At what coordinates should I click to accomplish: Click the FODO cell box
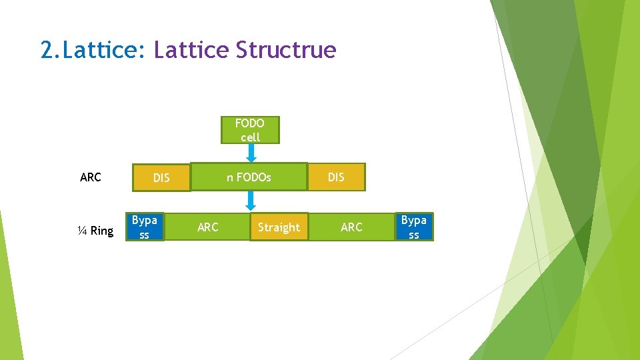(x=250, y=130)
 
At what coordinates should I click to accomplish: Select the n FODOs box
(x=249, y=177)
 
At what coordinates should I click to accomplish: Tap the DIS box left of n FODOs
(x=161, y=178)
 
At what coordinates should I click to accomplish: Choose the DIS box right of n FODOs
(x=336, y=177)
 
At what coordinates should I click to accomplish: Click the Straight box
(x=279, y=227)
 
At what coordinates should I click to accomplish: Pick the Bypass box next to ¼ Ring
(x=145, y=227)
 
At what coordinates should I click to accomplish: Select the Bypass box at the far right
(x=413, y=227)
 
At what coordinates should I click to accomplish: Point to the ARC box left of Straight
(x=208, y=227)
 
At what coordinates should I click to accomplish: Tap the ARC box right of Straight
(x=351, y=227)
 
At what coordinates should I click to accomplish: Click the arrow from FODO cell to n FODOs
(x=251, y=153)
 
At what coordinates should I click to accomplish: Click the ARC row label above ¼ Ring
(x=90, y=177)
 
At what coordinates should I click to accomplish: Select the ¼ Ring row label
(x=95, y=231)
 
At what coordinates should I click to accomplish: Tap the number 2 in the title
(x=46, y=50)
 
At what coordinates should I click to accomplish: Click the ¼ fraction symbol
(x=81, y=231)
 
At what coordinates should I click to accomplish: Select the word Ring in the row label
(x=102, y=231)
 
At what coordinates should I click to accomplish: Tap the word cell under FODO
(x=250, y=137)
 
